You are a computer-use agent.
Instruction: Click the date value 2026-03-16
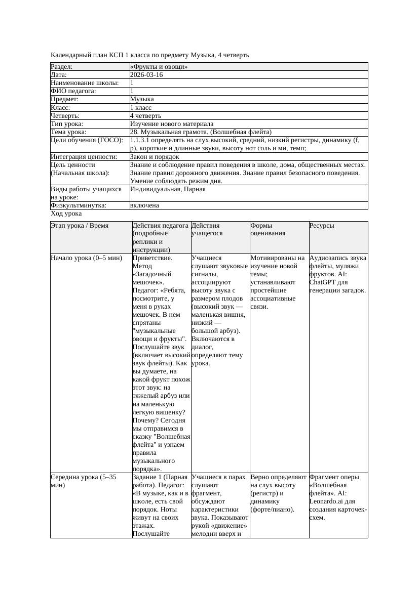(146, 75)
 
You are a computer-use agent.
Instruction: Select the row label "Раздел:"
(62, 67)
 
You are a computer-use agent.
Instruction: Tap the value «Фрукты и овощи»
(159, 67)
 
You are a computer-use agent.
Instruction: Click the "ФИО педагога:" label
(73, 91)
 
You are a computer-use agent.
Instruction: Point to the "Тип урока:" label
(67, 124)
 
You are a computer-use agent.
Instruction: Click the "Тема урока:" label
(68, 132)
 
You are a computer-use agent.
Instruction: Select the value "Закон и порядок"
(155, 157)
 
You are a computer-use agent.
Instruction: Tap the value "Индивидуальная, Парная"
(168, 189)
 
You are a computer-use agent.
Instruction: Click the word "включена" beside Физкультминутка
(144, 205)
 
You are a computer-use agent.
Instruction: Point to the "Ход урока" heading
(66, 214)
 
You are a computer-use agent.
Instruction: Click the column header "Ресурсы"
(322, 226)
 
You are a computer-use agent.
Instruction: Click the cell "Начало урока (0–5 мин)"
(87, 258)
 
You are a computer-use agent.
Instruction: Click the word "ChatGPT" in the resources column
(323, 282)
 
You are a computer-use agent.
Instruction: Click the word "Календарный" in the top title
(69, 55)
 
